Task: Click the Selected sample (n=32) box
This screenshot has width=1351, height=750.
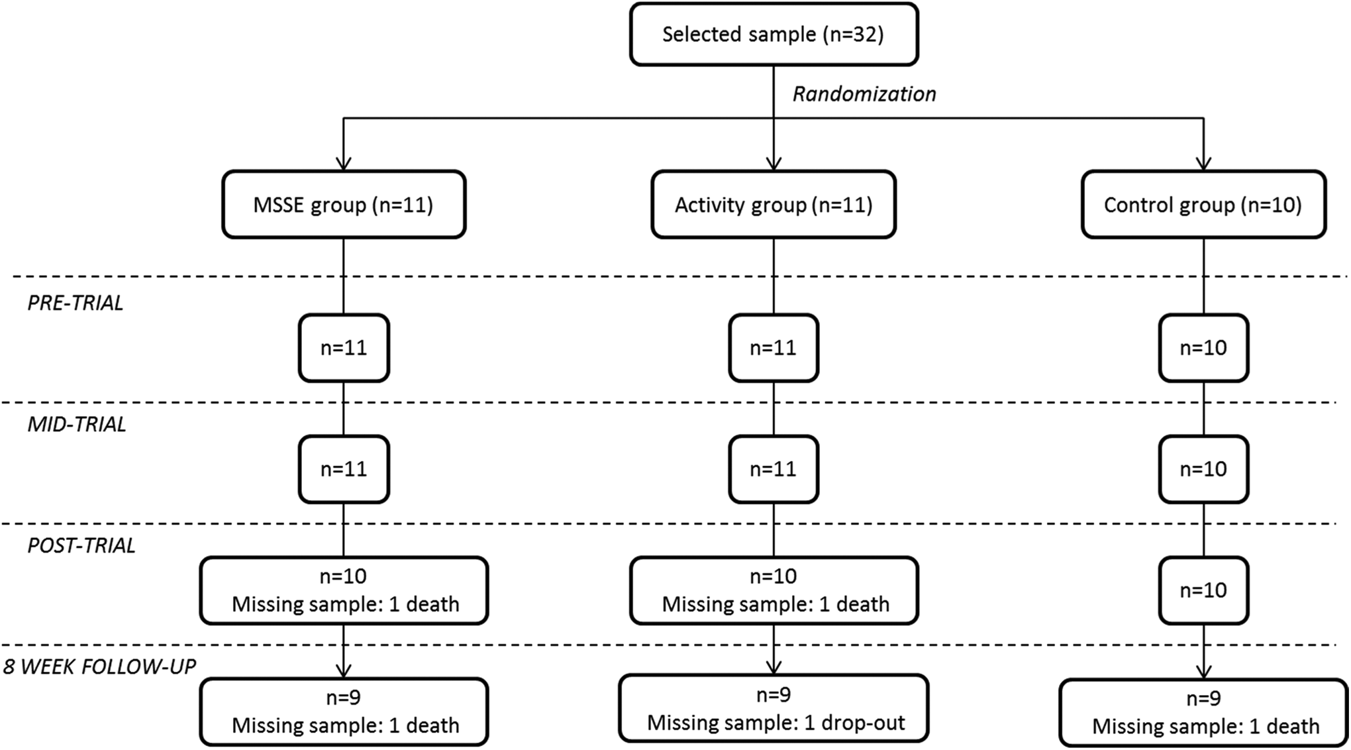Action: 774,34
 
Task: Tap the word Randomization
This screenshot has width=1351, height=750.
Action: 864,94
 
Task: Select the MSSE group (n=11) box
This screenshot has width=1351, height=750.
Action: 344,205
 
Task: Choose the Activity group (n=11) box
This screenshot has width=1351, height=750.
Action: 774,205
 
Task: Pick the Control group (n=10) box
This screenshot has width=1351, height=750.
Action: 1203,205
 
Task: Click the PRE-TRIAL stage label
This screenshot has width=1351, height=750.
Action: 75,303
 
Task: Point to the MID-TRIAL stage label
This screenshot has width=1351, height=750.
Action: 77,424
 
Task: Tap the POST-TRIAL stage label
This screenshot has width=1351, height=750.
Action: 81,545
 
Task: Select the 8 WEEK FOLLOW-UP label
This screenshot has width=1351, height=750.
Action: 99,667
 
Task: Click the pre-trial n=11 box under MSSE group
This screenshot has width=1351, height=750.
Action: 344,348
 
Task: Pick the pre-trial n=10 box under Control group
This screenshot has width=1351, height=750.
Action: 1203,348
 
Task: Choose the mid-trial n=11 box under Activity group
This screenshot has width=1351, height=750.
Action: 774,469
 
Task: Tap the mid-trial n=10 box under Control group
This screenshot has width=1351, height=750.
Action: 1203,469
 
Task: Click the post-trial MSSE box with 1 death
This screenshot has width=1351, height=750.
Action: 344,590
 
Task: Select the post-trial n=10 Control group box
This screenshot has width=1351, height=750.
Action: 1203,590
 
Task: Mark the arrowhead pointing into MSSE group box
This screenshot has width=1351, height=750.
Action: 344,163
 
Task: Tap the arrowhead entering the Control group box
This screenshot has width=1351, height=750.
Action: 1203,163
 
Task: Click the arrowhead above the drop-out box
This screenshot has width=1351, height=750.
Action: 774,667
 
